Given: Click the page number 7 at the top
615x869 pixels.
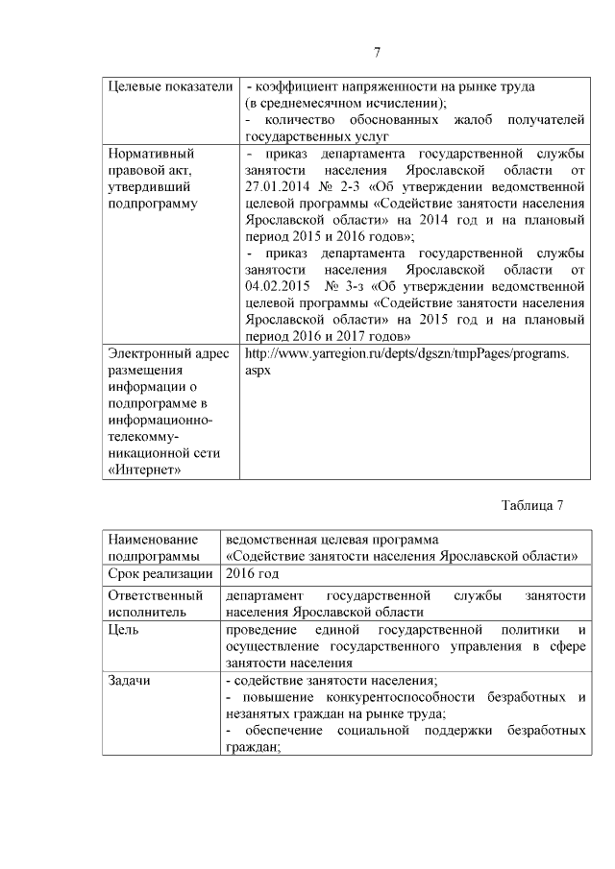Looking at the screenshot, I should pyautogui.click(x=378, y=52).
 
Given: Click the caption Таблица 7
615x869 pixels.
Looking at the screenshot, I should pyautogui.click(x=531, y=505).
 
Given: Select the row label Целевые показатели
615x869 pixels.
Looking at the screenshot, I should pyautogui.click(x=170, y=86).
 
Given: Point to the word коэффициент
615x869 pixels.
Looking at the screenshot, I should pyautogui.click(x=299, y=86).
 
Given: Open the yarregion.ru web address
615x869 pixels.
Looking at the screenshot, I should pyautogui.click(x=406, y=353).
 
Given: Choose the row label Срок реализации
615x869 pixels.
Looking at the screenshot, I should pyautogui.click(x=160, y=574).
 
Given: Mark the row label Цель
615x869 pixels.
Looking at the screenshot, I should pyautogui.click(x=124, y=630).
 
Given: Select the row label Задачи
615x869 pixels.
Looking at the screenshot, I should pyautogui.click(x=130, y=680).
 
